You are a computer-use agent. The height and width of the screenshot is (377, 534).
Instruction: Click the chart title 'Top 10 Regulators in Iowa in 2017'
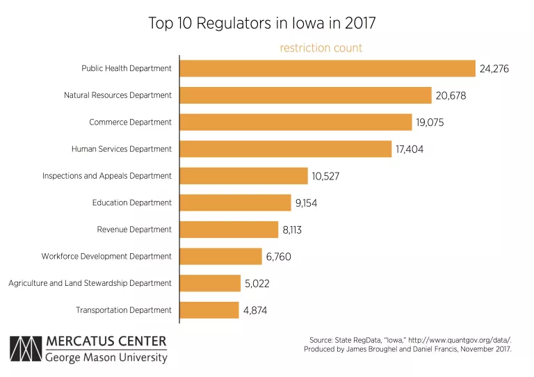pyautogui.click(x=262, y=23)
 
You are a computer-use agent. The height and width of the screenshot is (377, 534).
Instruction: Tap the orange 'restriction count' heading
pyautogui.click(x=321, y=48)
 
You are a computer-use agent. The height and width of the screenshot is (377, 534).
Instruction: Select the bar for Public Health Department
pyautogui.click(x=327, y=68)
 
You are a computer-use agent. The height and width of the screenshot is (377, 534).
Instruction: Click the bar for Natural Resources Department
pyautogui.click(x=306, y=95)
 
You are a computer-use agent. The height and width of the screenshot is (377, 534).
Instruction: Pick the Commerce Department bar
pyautogui.click(x=296, y=122)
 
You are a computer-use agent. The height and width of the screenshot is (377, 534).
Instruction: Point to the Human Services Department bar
pyautogui.click(x=286, y=149)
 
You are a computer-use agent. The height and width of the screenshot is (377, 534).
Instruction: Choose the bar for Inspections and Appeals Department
pyautogui.click(x=244, y=176)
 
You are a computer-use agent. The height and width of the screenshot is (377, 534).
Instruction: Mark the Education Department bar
pyautogui.click(x=236, y=202)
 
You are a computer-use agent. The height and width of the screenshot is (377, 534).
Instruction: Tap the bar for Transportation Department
pyautogui.click(x=209, y=310)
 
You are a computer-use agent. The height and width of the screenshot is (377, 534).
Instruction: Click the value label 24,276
pyautogui.click(x=495, y=69)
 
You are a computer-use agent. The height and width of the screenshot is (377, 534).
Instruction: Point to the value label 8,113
pyautogui.click(x=292, y=230)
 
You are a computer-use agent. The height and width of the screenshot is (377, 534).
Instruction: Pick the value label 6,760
pyautogui.click(x=278, y=257)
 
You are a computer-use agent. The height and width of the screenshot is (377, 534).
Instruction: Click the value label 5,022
pyautogui.click(x=257, y=284)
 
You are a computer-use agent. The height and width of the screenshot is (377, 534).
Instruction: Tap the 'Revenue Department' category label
pyautogui.click(x=134, y=230)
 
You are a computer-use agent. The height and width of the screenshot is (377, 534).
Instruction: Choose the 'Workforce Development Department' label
pyautogui.click(x=106, y=257)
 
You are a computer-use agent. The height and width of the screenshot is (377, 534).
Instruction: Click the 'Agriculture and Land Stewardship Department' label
pyautogui.click(x=90, y=283)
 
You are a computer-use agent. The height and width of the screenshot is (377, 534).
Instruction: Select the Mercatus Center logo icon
pyautogui.click(x=25, y=350)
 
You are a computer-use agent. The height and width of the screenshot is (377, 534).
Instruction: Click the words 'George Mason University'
pyautogui.click(x=106, y=358)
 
